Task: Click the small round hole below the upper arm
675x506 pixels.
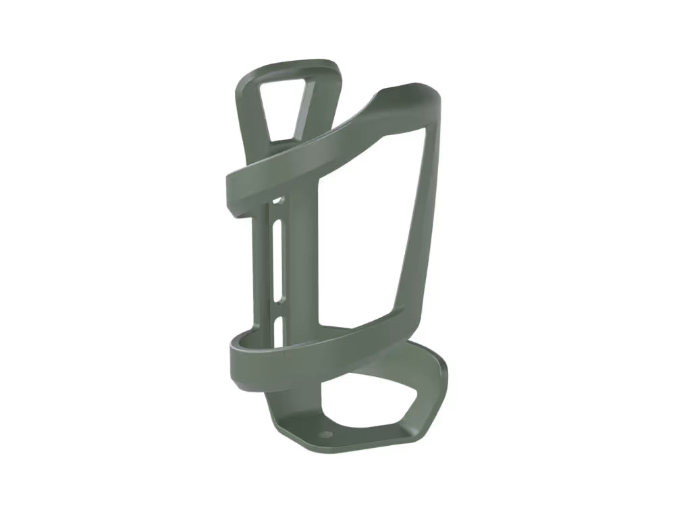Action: (x=276, y=201)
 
